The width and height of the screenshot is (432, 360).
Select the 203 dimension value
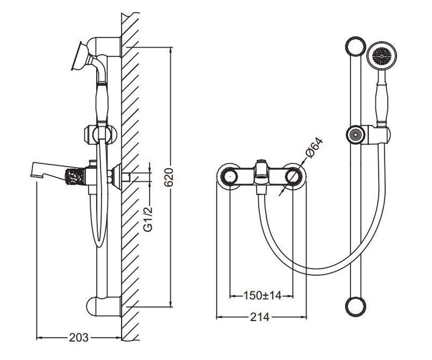coord(78,338)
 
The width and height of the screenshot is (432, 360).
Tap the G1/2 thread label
coord(148,219)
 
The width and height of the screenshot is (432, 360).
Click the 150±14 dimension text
coord(262,296)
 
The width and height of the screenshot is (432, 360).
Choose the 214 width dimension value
coord(260,317)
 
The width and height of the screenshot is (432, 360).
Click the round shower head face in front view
coord(382,56)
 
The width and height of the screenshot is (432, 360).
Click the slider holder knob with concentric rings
coord(356,134)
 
